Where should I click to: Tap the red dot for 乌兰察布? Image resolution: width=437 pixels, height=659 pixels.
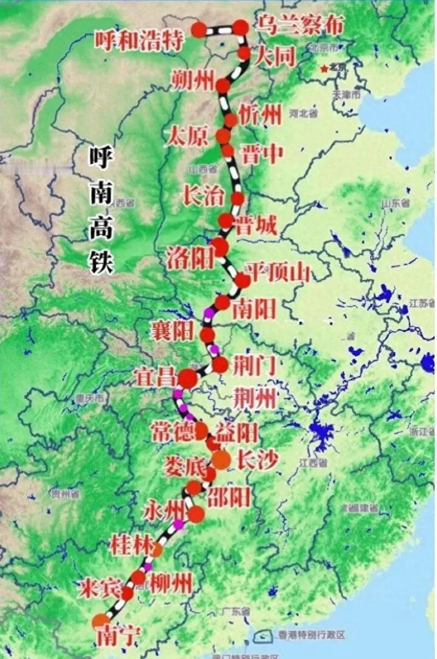pos(241,27)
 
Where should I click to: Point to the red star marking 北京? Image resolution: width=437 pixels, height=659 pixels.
pos(326,68)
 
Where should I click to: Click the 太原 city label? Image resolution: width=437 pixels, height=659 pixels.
pos(189,136)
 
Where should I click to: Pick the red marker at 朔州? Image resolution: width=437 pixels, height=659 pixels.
pos(223,85)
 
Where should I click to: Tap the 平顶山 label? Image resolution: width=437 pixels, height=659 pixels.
pos(277,271)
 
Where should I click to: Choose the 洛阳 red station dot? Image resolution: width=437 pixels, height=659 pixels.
pos(220,247)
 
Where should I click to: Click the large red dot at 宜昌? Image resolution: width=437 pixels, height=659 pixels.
pos(187,379)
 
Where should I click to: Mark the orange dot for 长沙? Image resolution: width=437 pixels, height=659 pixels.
pos(221,460)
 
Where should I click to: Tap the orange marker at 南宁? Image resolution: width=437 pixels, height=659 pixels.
pos(101,621)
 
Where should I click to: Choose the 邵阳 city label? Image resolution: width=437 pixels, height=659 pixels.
pos(229,496)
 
